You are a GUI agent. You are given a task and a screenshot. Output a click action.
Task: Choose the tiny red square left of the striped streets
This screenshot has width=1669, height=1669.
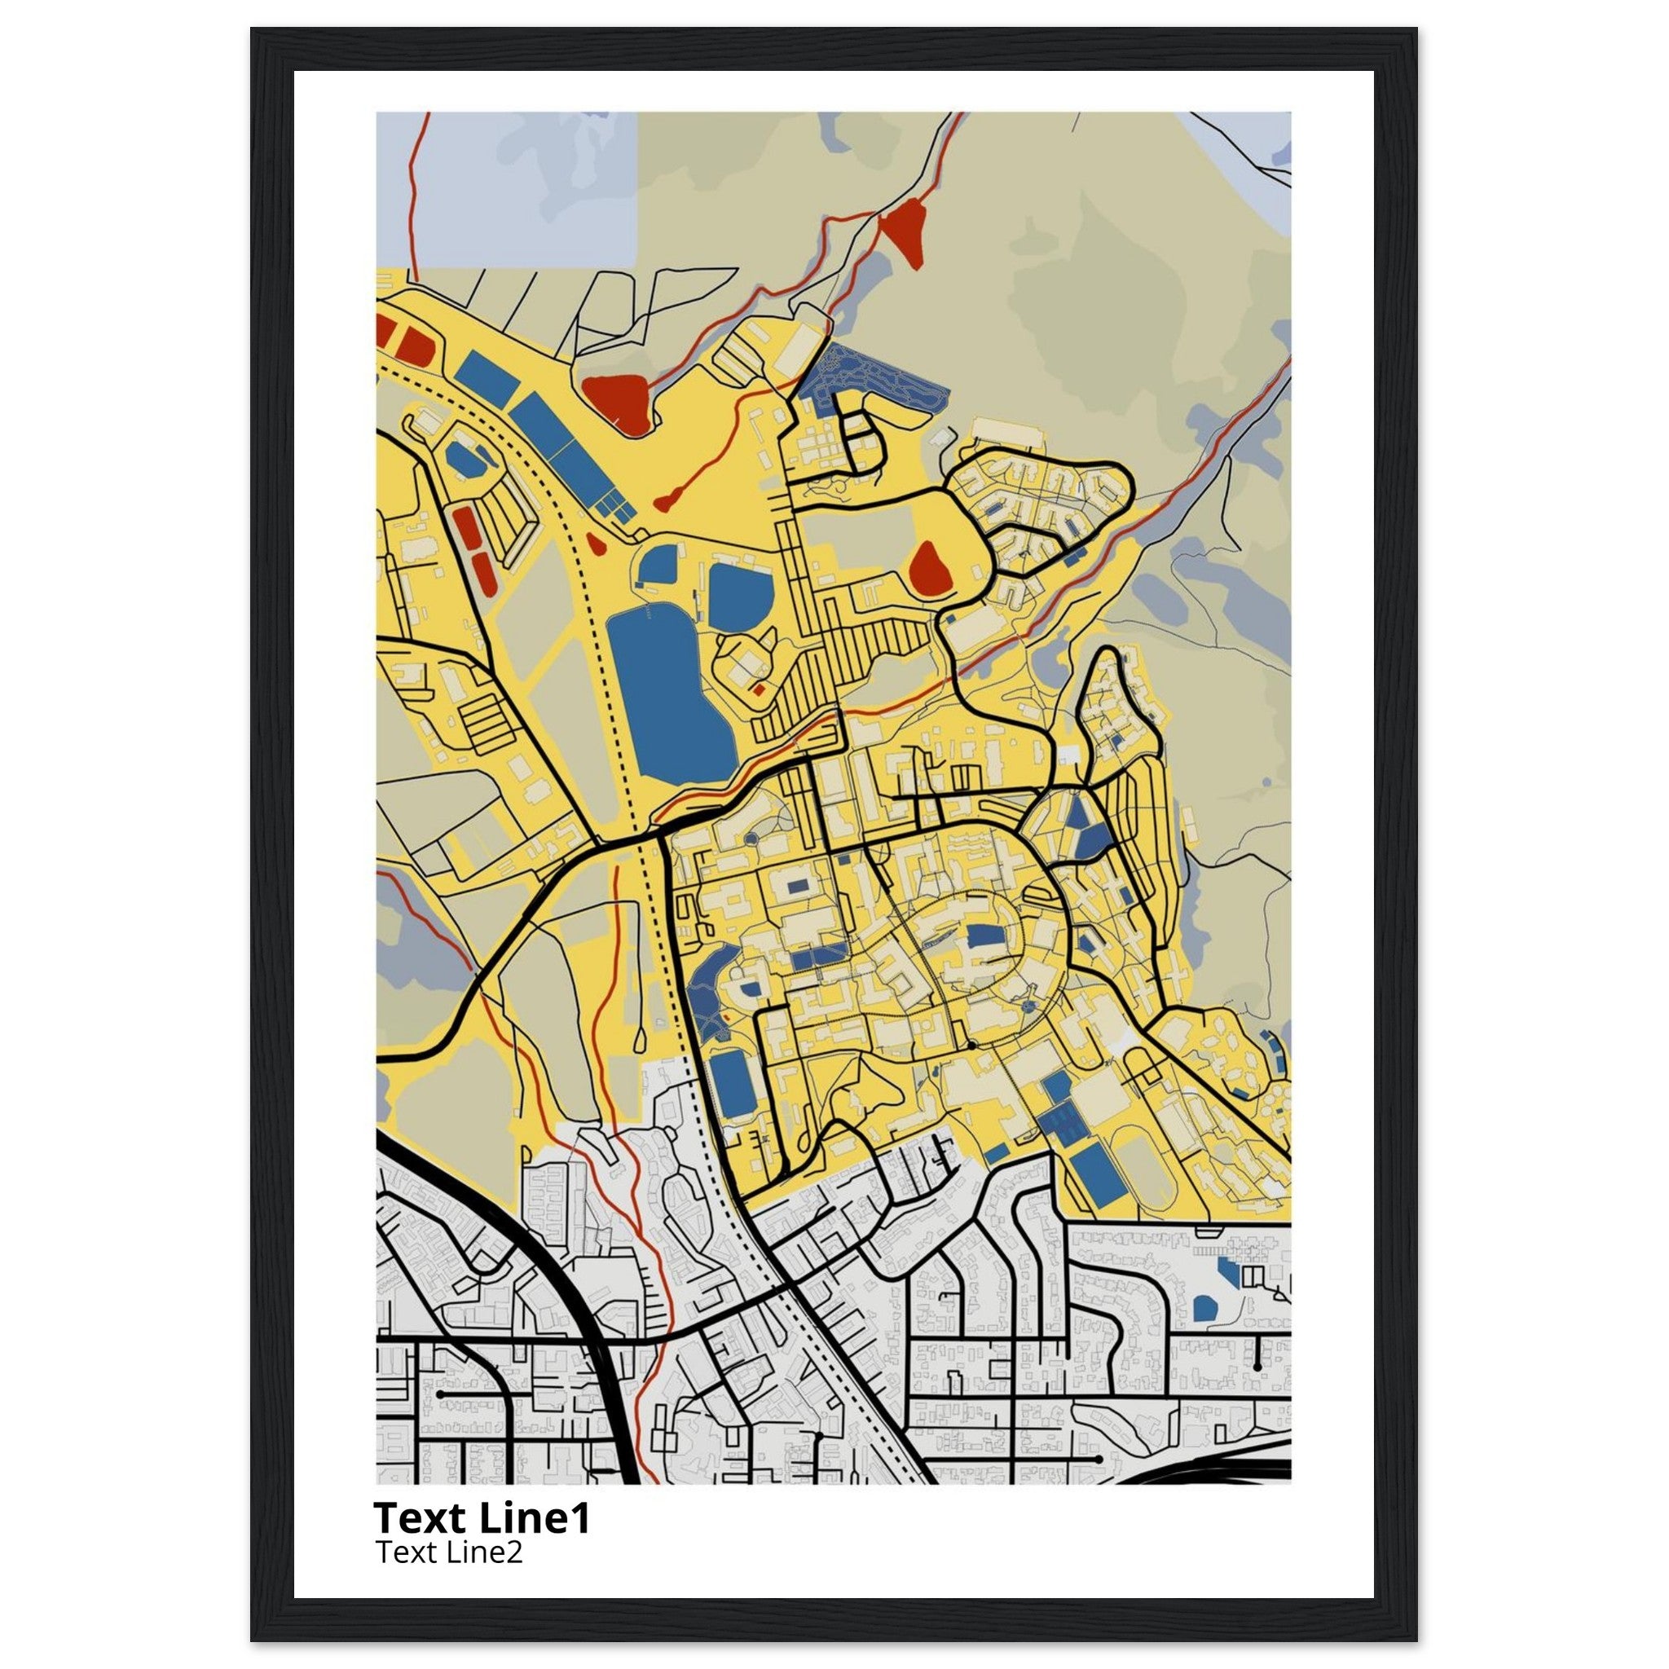pos(759,689)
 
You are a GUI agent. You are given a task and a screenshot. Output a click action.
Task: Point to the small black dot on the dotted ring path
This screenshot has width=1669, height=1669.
pos(972,1046)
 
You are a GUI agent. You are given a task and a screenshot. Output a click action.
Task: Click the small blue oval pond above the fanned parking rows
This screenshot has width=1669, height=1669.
pos(465,460)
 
